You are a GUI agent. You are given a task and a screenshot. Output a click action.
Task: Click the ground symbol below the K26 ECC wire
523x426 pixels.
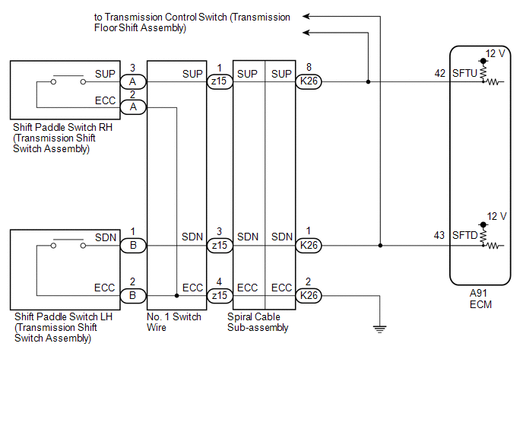(x=379, y=329)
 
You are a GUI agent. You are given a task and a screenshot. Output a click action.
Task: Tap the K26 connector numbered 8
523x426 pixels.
(x=309, y=81)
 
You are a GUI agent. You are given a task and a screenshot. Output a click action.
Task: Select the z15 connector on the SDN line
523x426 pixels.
(x=220, y=246)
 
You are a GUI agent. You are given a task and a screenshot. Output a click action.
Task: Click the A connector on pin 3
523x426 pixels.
(x=133, y=82)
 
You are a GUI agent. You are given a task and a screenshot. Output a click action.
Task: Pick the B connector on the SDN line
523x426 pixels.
(x=133, y=246)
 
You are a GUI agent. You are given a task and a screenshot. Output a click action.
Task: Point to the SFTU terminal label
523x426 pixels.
(x=464, y=73)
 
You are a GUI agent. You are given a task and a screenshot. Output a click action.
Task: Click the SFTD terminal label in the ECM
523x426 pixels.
(x=465, y=235)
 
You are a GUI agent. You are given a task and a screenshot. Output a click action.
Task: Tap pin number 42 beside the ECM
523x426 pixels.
(x=439, y=73)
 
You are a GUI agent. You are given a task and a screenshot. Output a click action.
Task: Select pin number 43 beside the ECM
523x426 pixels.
(x=439, y=235)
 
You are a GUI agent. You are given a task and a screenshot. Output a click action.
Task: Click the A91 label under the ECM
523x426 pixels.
(x=478, y=293)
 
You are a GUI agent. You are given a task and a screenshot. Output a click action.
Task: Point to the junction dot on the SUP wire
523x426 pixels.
(x=368, y=82)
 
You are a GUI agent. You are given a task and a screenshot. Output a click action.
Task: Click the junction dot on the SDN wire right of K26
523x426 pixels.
(x=380, y=246)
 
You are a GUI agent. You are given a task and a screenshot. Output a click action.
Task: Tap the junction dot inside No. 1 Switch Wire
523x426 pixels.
(x=177, y=295)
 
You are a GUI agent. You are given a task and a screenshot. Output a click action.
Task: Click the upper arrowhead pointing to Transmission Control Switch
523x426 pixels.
(x=306, y=16)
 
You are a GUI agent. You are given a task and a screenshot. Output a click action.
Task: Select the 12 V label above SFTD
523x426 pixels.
(x=496, y=216)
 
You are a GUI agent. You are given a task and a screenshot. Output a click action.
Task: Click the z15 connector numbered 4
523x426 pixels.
(x=220, y=295)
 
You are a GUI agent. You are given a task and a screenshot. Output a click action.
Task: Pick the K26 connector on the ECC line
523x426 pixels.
(x=309, y=295)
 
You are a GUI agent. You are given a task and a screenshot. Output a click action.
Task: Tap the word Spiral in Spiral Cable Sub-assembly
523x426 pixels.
(x=239, y=316)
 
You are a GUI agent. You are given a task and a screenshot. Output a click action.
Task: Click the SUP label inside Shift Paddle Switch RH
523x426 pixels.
(x=105, y=74)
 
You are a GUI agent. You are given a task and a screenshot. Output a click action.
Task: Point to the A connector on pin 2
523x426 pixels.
(x=133, y=107)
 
